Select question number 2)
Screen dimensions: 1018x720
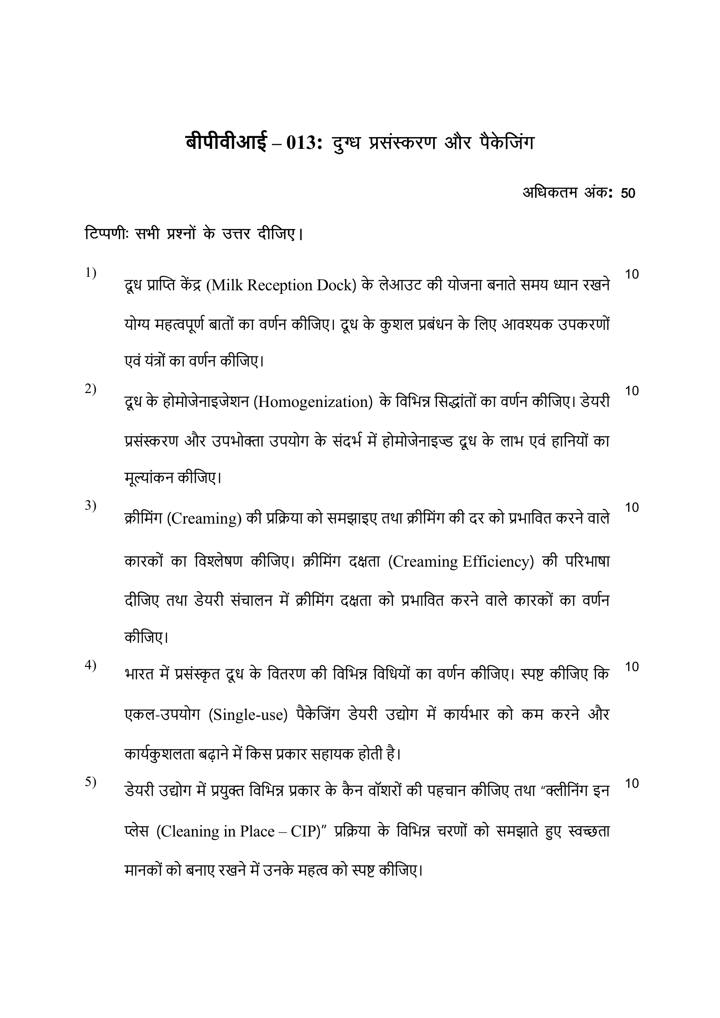(91, 389)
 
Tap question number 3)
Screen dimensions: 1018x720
(91, 505)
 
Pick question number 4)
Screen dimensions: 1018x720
(91, 665)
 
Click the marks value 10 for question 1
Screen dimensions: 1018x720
(632, 275)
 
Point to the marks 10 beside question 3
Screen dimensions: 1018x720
(632, 507)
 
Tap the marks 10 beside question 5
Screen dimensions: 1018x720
(632, 783)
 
